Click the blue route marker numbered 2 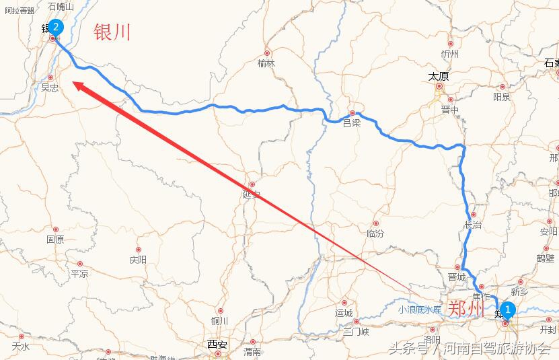tap(56, 27)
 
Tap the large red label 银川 tap(112, 32)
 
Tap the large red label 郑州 tap(466, 309)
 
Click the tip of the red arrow tap(73, 83)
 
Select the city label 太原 tap(439, 77)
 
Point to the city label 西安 tap(217, 344)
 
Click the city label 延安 tap(251, 195)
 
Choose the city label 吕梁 tap(352, 123)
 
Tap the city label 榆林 tap(266, 63)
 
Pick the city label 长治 tap(473, 225)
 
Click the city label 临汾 tap(375, 233)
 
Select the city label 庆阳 tap(138, 260)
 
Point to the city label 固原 tap(55, 240)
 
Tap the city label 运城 tap(344, 313)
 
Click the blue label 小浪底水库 tap(419, 310)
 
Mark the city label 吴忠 tap(50, 87)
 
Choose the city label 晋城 tap(457, 277)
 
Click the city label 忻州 tap(449, 54)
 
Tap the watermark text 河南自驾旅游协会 tap(496, 349)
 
